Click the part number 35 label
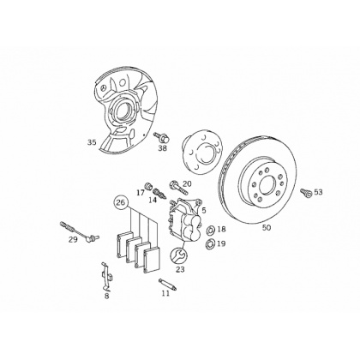click(92, 142)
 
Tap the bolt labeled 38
click(160, 137)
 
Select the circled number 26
click(121, 202)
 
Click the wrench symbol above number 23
click(177, 255)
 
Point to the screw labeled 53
click(306, 193)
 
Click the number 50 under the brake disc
click(267, 228)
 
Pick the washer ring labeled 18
click(211, 230)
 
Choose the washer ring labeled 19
click(211, 243)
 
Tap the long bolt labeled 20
click(179, 186)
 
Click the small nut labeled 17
click(148, 186)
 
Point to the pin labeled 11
click(168, 285)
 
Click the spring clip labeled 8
click(106, 276)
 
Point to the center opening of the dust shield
click(123, 111)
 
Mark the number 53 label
click(318, 192)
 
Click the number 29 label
click(73, 239)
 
